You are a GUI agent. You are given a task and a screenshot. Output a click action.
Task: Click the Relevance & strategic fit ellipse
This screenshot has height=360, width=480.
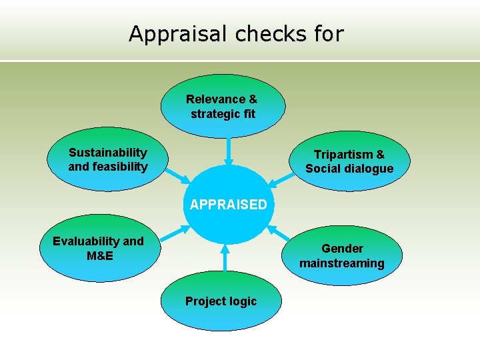coord(223,107)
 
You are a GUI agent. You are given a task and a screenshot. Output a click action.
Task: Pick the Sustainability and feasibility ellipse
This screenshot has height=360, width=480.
coord(107,160)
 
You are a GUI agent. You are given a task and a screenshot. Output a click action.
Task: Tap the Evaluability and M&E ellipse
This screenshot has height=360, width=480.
coord(98,248)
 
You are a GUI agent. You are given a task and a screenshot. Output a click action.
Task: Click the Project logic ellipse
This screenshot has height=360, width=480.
coord(221,301)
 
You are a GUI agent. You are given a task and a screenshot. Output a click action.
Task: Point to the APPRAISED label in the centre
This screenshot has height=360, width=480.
coord(228,205)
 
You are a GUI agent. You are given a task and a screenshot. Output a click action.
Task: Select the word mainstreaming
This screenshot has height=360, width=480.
coord(341,263)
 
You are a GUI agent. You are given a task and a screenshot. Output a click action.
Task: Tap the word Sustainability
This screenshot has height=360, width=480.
coord(108,153)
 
